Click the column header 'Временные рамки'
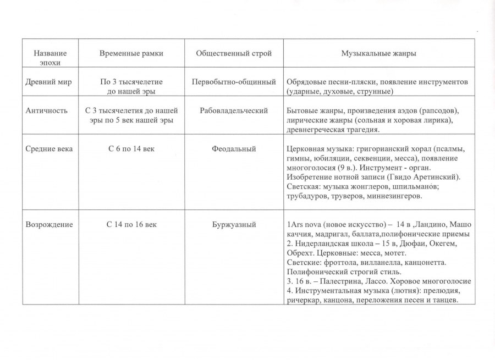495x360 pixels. point(131,54)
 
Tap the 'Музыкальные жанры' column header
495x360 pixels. point(379,54)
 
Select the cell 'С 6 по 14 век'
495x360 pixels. point(131,149)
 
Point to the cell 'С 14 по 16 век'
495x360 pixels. point(131,225)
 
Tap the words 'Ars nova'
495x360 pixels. point(306,225)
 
